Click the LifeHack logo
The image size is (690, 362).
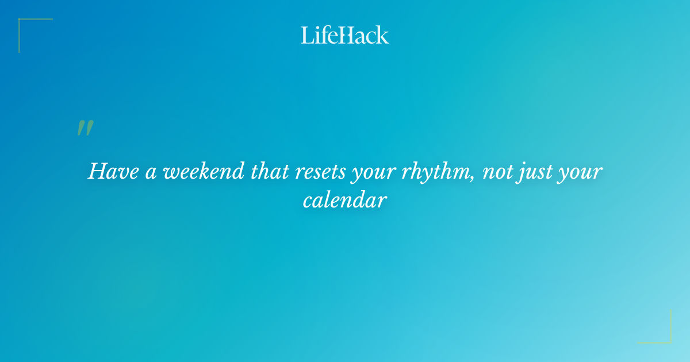(x=345, y=35)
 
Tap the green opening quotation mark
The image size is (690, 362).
(x=85, y=128)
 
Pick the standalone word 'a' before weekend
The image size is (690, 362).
(x=151, y=172)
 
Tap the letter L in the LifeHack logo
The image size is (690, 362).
(x=307, y=35)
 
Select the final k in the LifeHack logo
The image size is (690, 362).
(x=382, y=36)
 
